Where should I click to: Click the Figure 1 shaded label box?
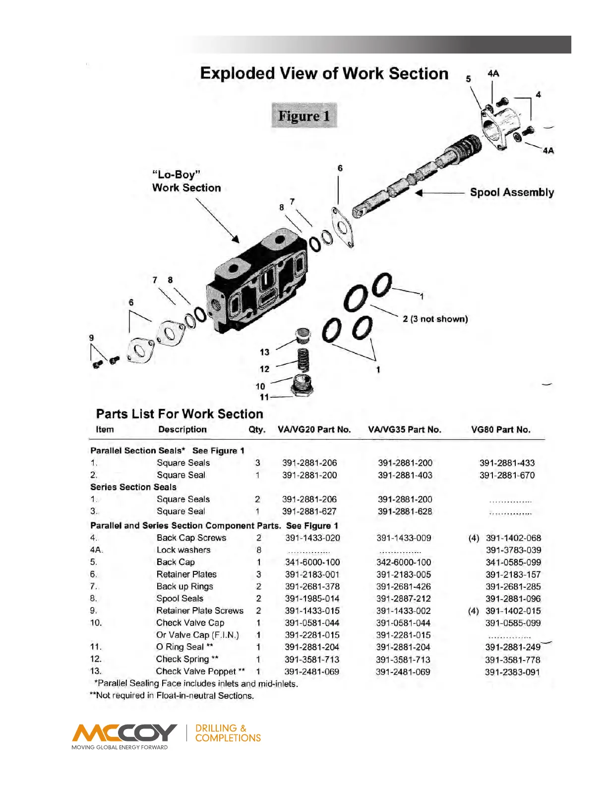tap(304, 115)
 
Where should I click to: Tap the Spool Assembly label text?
tap(512, 192)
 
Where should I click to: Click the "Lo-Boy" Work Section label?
tap(186, 181)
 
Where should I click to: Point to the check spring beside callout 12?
tap(303, 360)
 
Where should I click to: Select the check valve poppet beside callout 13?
tap(303, 336)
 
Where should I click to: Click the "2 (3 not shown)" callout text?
tap(435, 319)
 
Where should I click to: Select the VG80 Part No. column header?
tap(500, 430)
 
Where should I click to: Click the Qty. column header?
tap(257, 430)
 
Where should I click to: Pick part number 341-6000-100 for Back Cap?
tap(312, 562)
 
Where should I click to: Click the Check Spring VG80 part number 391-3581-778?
tap(513, 660)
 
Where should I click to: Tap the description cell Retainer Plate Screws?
tap(200, 611)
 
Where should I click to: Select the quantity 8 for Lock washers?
tap(259, 550)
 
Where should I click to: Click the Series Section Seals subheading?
tap(133, 487)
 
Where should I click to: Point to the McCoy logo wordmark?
tap(124, 732)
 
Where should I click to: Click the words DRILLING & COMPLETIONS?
tap(228, 733)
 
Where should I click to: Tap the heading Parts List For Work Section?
tap(180, 414)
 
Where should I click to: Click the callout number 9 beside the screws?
tap(91, 337)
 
